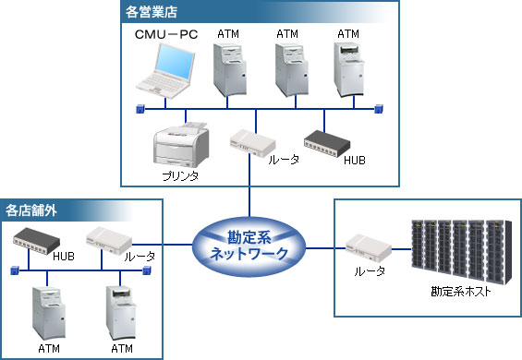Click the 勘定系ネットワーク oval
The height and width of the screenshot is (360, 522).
point(249,245)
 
